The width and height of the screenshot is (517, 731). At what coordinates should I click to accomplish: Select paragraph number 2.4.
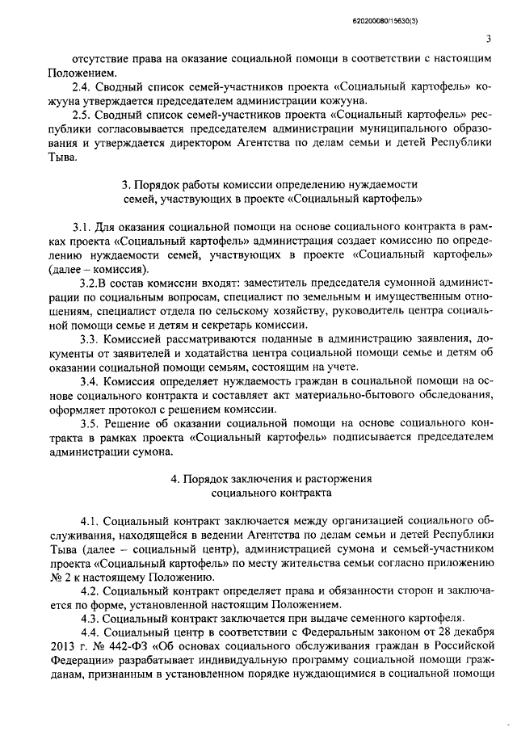point(82,86)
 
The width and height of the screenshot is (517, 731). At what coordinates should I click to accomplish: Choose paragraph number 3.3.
point(90,338)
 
